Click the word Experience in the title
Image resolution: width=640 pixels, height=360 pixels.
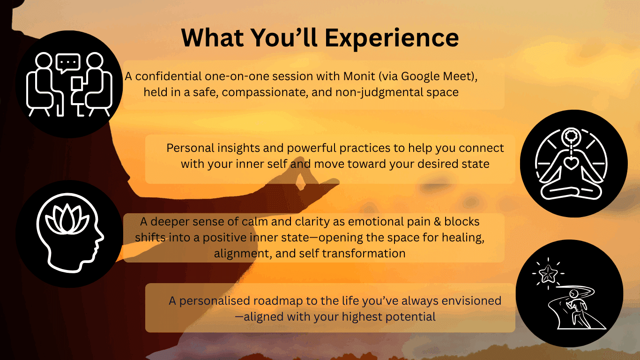pos(392,38)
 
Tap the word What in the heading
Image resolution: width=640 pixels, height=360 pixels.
pos(213,37)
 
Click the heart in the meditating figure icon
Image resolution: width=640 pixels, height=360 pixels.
pos(571,163)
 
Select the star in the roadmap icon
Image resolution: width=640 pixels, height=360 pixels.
pos(548,274)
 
